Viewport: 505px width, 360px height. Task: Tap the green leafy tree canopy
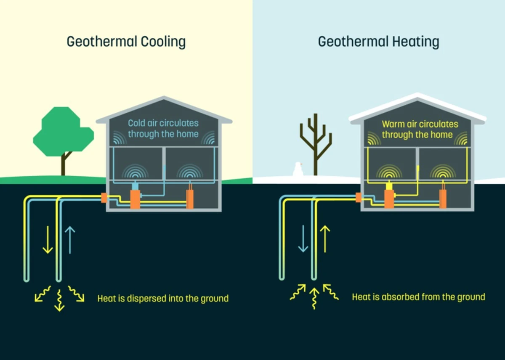click(63, 131)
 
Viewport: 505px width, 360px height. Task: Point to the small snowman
click(298, 169)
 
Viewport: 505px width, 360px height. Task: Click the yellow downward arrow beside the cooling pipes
click(48, 239)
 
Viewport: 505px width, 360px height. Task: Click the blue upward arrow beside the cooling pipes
click(70, 240)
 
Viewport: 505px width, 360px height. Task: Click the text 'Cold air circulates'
click(163, 124)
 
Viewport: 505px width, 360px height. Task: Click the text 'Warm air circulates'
click(420, 124)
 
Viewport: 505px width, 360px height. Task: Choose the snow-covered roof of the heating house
click(417, 105)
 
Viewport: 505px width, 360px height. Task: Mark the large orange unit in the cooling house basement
click(135, 199)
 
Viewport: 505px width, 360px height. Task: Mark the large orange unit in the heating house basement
click(390, 199)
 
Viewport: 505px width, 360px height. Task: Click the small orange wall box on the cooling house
click(104, 198)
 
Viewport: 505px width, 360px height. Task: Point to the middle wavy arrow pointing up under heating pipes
click(314, 298)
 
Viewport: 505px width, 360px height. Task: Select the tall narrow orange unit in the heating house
click(443, 199)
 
